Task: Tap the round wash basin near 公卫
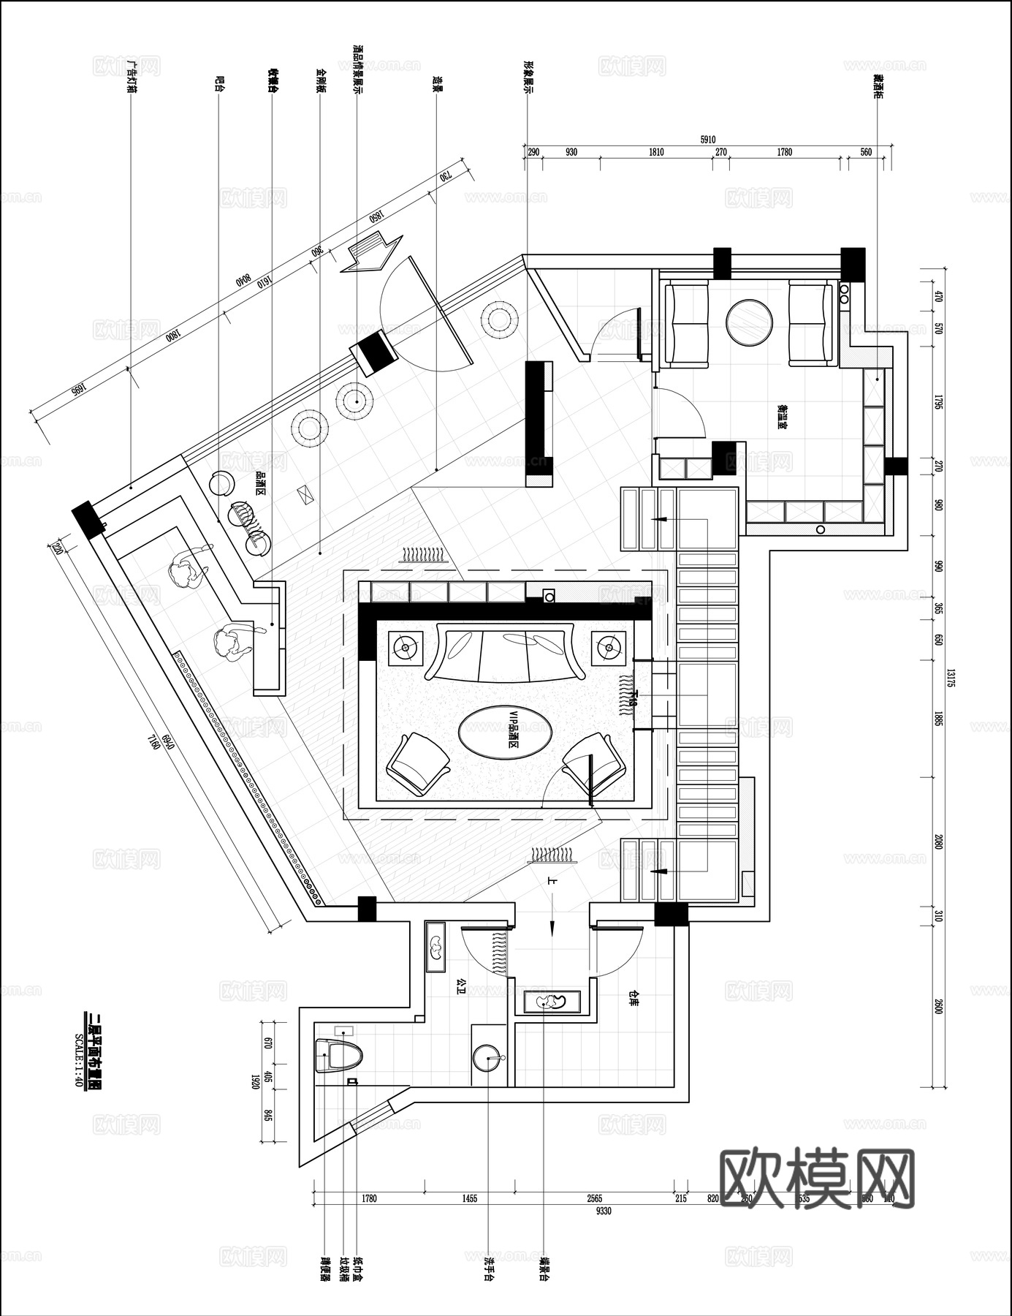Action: (x=488, y=1057)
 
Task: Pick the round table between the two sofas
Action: (x=749, y=322)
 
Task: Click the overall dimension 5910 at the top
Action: (x=707, y=140)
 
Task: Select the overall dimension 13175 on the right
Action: (x=951, y=680)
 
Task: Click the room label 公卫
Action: (x=460, y=988)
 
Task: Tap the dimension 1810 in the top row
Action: (x=655, y=152)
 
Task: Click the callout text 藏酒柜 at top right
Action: (x=878, y=86)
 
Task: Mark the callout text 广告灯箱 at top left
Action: (x=132, y=76)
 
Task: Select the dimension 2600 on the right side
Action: (x=939, y=1006)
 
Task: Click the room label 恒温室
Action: (x=781, y=417)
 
